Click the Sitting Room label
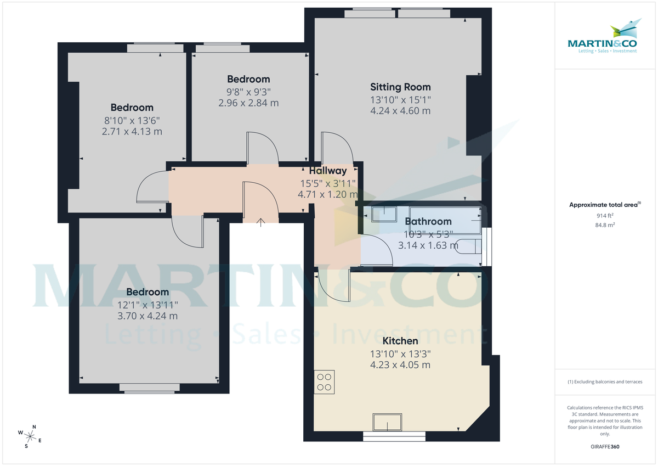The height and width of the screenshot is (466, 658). [x=400, y=87]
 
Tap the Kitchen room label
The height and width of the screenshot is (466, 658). [x=400, y=341]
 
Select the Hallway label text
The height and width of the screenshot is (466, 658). [x=327, y=171]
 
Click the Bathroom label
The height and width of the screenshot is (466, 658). [x=428, y=221]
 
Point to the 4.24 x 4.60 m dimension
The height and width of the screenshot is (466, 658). [x=400, y=111]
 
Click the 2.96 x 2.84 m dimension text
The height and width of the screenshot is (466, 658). [x=248, y=103]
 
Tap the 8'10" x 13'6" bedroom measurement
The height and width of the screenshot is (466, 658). [x=132, y=120]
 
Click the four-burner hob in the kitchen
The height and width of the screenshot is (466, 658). [x=324, y=381]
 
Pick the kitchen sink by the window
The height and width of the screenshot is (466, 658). [x=387, y=422]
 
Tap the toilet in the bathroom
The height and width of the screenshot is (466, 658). [x=469, y=246]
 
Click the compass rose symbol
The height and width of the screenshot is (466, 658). [x=30, y=436]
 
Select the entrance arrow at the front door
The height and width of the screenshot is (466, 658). [x=261, y=221]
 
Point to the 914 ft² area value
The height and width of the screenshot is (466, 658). [x=605, y=216]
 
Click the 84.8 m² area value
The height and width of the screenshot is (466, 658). [x=605, y=225]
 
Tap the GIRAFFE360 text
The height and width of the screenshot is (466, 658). [x=605, y=447]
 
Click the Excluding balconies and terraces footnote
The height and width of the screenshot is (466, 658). [x=605, y=381]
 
